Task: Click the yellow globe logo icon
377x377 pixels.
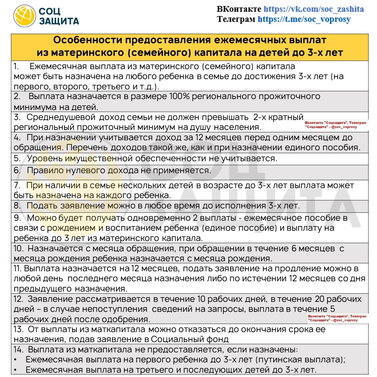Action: pos(24,16)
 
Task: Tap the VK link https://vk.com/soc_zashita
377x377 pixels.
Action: pos(314,9)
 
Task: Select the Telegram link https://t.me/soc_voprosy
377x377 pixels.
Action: pos(304,19)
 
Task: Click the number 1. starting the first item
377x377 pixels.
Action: pos(17,66)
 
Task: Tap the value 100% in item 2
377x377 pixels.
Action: pos(180,96)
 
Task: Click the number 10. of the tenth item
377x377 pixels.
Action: pos(18,248)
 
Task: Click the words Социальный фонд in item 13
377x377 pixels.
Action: pos(190,339)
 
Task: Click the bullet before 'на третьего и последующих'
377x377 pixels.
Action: pos(15,370)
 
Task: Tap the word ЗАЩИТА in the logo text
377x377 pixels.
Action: pos(59,22)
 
